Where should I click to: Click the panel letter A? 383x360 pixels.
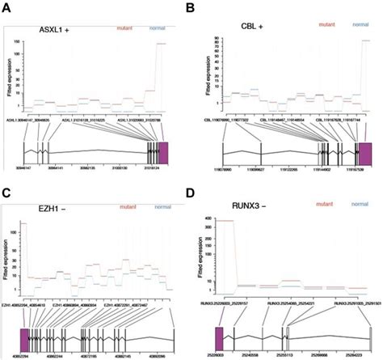tap(6, 7)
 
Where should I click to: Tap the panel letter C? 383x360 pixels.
tap(6, 192)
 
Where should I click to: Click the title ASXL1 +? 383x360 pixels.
tap(60, 30)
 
